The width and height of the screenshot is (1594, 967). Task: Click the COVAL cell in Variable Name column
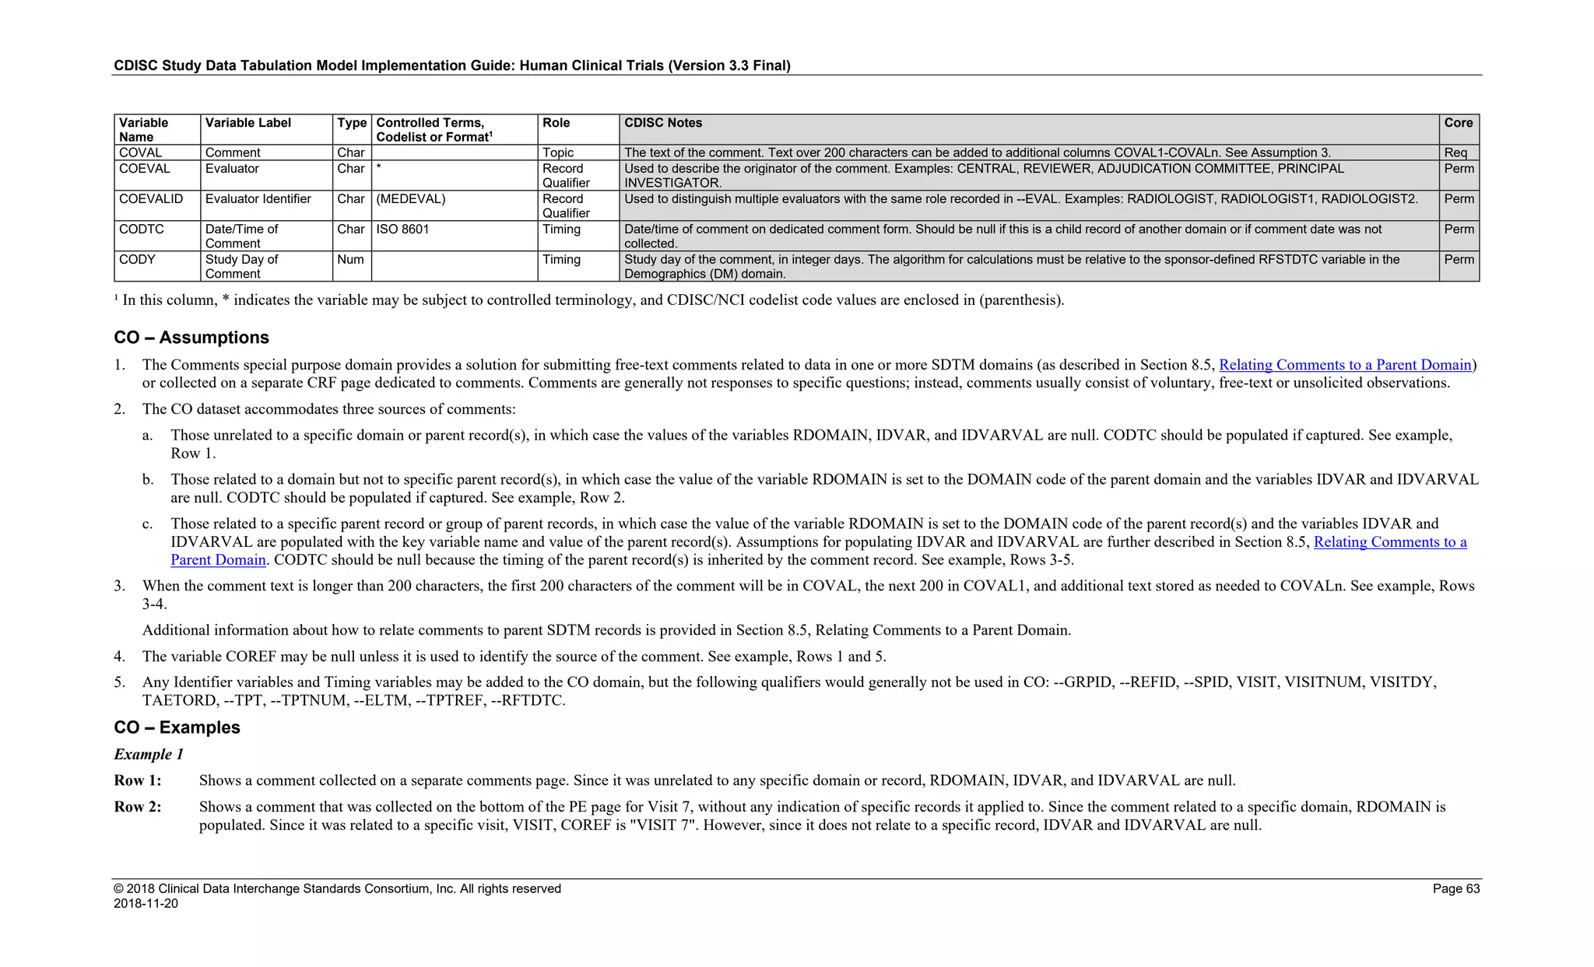click(x=141, y=152)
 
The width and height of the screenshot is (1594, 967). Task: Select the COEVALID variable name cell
click(x=151, y=199)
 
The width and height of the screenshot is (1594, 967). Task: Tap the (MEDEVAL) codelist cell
click(x=411, y=199)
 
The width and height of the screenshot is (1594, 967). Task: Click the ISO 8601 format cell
click(x=402, y=229)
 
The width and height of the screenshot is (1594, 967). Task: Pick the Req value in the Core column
click(x=1455, y=152)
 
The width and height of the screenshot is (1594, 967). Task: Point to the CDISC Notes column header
click(x=663, y=123)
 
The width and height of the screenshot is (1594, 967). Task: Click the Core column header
click(x=1458, y=123)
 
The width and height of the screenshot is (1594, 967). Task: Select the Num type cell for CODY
click(x=350, y=260)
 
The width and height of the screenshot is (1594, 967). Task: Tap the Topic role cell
click(x=558, y=152)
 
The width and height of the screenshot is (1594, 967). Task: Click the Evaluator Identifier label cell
click(x=258, y=199)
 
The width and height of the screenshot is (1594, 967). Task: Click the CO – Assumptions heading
click(x=191, y=338)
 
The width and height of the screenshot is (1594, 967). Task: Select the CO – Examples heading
click(x=177, y=727)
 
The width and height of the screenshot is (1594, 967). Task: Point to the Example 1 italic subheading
click(x=149, y=755)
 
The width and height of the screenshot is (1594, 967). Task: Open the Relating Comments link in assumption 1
click(x=1345, y=365)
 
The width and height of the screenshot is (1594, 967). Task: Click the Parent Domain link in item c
click(x=218, y=560)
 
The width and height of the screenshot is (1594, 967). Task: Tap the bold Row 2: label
click(x=138, y=807)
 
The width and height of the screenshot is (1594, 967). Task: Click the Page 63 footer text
click(x=1455, y=888)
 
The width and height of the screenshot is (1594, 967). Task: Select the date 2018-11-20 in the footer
click(x=146, y=904)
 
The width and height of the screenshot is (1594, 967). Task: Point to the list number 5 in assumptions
click(x=119, y=682)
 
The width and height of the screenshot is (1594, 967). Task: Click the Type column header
click(x=352, y=123)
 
